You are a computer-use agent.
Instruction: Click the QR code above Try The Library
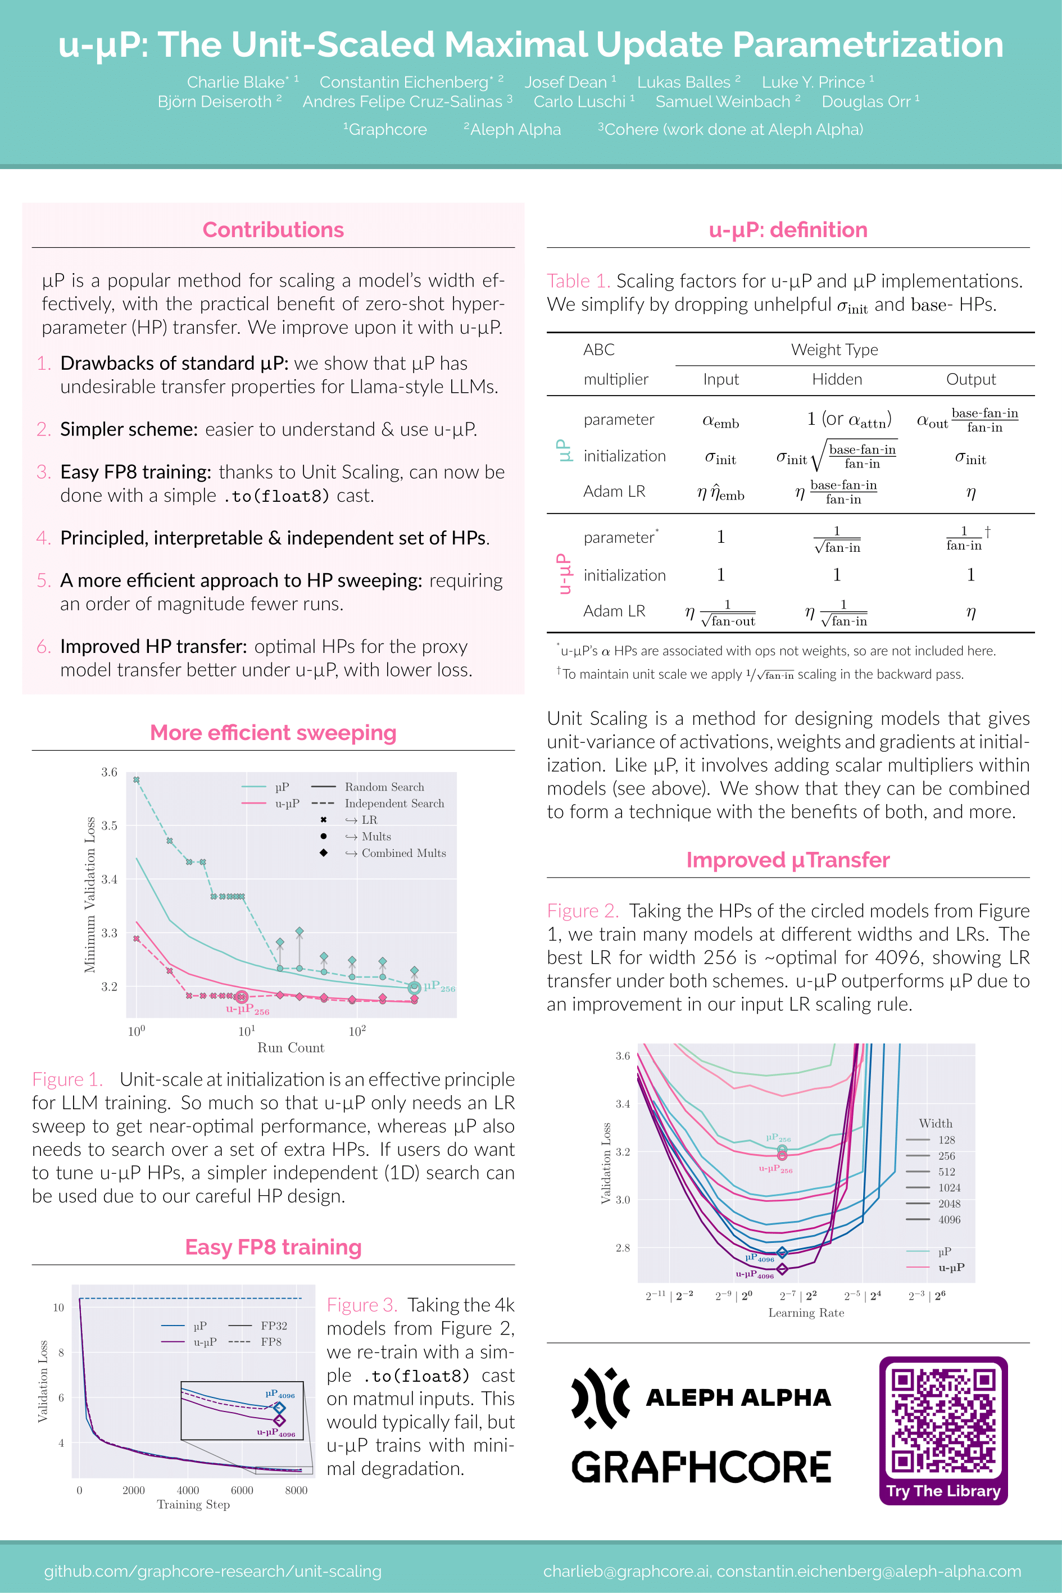pos(943,1421)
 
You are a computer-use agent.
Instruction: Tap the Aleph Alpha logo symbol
pos(600,1398)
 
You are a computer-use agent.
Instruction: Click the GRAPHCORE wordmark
pos(701,1467)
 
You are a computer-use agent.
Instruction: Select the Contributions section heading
pos(273,230)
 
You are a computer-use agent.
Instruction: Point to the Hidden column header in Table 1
pos(837,379)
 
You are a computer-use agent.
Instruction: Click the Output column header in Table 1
pos(970,379)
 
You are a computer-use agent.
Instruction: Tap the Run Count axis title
pos(291,1048)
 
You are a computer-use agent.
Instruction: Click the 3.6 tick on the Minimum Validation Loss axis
pos(109,772)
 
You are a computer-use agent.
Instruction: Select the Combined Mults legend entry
pos(403,854)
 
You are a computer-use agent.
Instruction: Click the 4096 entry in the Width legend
pos(949,1220)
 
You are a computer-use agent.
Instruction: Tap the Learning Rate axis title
pos(806,1313)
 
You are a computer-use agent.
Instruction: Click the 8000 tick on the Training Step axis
pos(296,1490)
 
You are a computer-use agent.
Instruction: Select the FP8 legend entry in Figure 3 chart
pos(270,1342)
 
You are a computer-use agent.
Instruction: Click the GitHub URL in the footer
pos(212,1571)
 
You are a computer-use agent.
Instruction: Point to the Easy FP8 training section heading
pos(273,1247)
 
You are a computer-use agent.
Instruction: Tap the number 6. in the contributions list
pos(44,647)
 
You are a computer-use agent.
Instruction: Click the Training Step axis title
pos(193,1504)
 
